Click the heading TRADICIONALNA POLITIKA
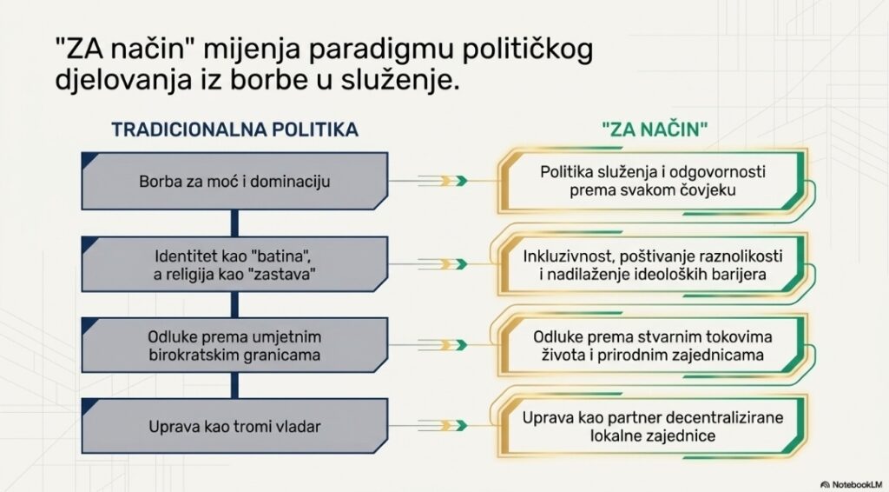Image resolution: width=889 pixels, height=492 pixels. point(234,130)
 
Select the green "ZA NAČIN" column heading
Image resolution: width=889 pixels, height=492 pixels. point(655,130)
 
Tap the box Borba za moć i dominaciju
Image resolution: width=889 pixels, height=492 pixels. point(234,181)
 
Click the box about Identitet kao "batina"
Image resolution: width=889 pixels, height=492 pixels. point(234,264)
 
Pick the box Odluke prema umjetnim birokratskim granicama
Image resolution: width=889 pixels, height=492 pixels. point(234,345)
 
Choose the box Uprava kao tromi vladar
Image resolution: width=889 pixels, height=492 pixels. point(234,426)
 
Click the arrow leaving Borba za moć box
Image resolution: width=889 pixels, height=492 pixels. point(443,181)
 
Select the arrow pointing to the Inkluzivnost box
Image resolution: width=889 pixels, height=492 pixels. point(443,264)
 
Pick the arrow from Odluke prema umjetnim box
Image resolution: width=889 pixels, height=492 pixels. point(443,345)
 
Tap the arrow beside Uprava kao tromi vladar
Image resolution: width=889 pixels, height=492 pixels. point(443,426)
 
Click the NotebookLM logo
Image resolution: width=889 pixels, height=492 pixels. point(853,484)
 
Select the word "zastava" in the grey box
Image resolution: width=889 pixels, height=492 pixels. point(282,275)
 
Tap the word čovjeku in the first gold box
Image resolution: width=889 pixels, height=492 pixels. point(706,190)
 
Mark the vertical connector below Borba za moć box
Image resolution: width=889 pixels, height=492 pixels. point(234,223)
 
